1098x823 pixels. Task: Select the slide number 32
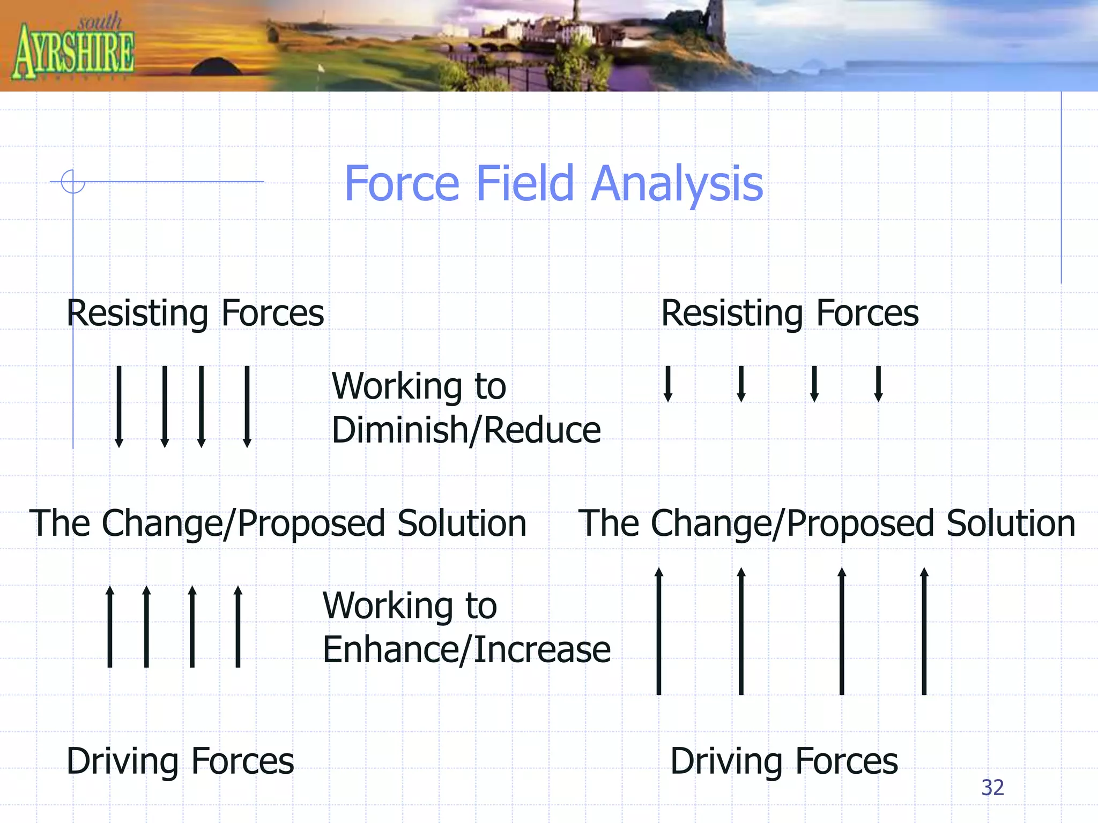992,788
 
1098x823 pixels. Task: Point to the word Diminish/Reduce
466,430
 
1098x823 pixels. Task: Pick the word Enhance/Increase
466,649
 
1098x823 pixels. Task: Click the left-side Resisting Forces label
195,313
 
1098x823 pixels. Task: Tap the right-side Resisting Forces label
790,313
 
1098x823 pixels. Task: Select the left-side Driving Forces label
180,761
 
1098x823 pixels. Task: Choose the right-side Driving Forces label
784,761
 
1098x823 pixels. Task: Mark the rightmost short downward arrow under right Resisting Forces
878,384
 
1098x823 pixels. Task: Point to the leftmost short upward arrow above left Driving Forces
110,626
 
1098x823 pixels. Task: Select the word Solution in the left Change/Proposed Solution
462,523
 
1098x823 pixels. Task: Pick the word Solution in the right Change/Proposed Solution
1011,523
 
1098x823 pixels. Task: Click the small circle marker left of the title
73,181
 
